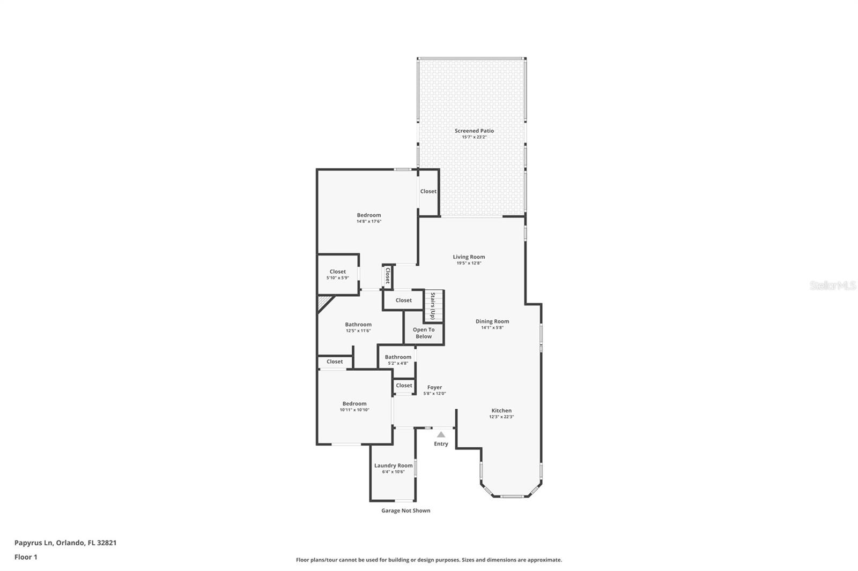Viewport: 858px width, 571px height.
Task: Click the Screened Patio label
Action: (474, 131)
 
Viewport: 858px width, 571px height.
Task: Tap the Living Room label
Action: (469, 257)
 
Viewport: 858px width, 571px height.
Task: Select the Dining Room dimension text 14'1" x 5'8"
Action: (492, 328)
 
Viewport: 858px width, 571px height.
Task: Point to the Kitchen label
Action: (501, 411)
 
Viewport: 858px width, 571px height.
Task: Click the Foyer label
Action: (435, 387)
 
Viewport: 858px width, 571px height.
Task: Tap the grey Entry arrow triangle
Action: (441, 434)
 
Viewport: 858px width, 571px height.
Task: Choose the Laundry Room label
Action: (394, 466)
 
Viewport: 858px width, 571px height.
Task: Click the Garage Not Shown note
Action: (405, 510)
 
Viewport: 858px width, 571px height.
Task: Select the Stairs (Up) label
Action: (433, 306)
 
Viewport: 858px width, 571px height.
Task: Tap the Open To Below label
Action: (424, 333)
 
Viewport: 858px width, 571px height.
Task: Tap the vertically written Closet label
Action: (388, 275)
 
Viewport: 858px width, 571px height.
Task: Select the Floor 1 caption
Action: (26, 557)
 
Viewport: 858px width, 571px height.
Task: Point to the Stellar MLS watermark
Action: (833, 285)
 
